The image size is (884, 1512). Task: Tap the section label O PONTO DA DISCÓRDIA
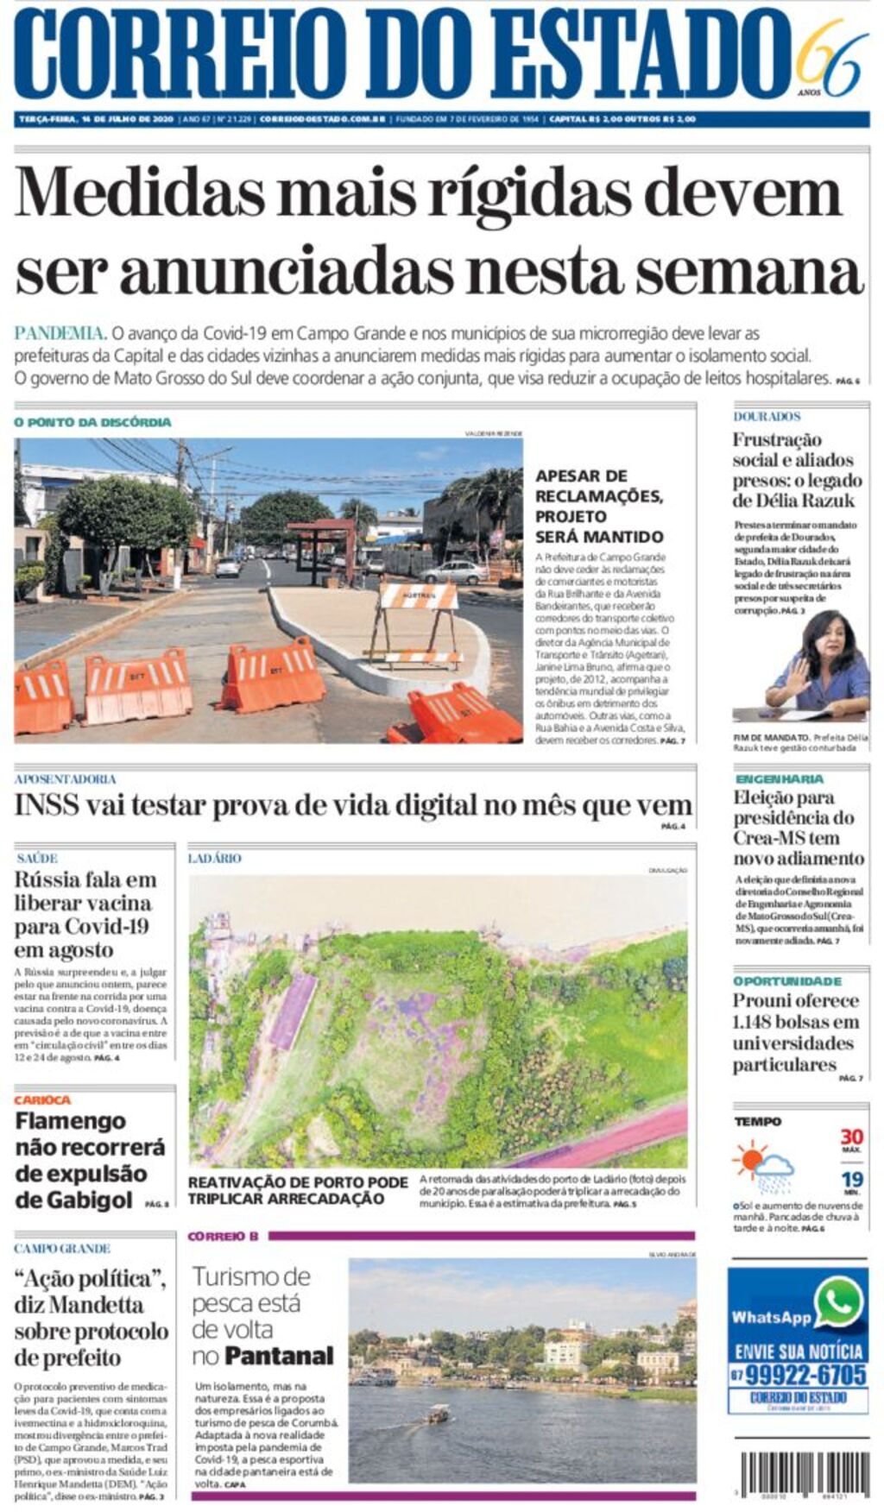[x=92, y=422]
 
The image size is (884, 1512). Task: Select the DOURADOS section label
[x=767, y=416]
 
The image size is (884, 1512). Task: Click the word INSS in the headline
[x=46, y=806]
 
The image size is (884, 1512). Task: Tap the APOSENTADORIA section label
[x=65, y=778]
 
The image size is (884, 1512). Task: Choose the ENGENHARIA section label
[x=779, y=778]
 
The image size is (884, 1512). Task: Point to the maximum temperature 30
[x=851, y=1137]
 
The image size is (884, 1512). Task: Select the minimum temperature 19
[x=851, y=1179]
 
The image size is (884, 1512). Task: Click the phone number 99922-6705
[x=805, y=1375]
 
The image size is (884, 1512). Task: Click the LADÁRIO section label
[x=214, y=858]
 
